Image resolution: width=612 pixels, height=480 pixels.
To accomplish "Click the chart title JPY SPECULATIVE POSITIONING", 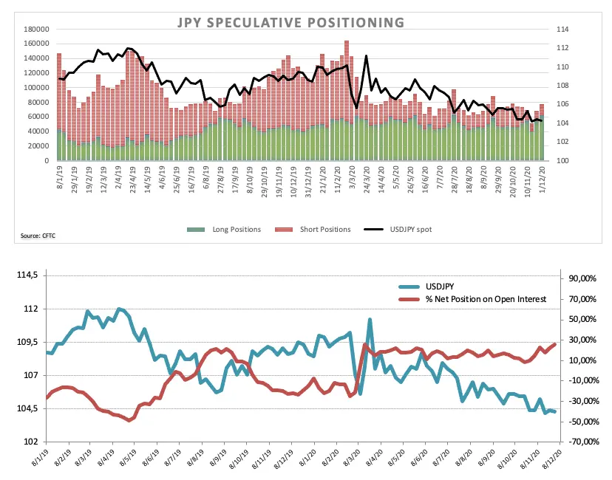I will [x=290, y=22].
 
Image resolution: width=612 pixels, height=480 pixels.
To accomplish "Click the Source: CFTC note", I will [x=39, y=236].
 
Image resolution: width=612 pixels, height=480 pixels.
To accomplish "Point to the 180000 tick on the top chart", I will [x=36, y=29].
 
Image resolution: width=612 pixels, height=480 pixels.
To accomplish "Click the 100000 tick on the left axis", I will [x=36, y=87].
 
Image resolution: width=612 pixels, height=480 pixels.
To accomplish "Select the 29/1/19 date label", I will [x=74, y=182].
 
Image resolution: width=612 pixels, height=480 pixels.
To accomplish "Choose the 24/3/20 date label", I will [x=366, y=182].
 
